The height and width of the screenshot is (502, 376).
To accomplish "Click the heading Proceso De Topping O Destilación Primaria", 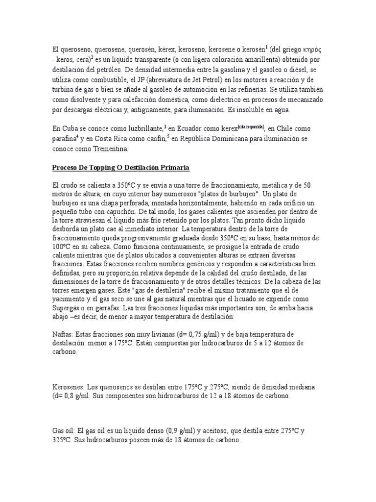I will coord(120,168).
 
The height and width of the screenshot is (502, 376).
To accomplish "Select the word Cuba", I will coord(71,128).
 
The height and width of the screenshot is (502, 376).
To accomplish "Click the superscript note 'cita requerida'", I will coord(250,126).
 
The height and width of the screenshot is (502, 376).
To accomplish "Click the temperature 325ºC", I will coord(61,441).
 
